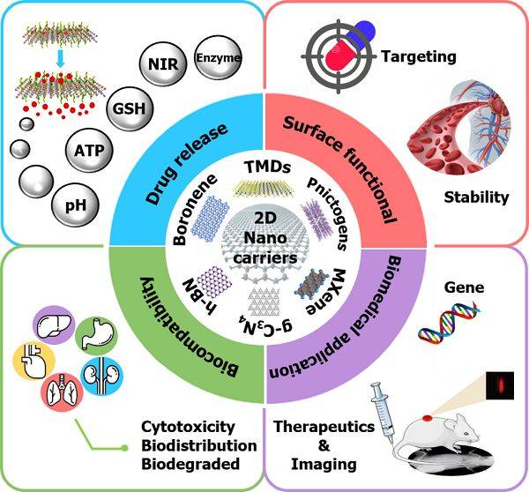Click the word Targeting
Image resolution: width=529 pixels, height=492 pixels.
tap(419, 57)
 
